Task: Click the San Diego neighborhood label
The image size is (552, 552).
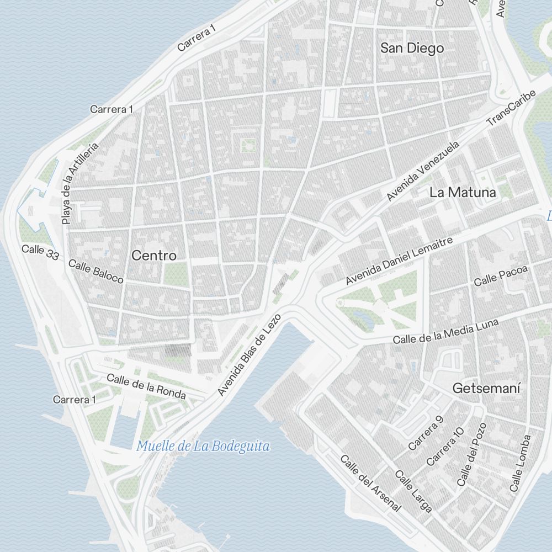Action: [412, 48]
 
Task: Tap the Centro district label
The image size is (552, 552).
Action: [155, 256]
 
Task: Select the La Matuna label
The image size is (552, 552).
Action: [463, 192]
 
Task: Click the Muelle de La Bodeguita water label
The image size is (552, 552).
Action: [203, 446]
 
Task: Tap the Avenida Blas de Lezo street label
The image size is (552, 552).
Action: [250, 354]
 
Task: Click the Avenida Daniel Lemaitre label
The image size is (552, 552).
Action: [399, 261]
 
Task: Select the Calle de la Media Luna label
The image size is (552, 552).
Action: [445, 331]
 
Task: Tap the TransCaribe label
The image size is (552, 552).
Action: [511, 108]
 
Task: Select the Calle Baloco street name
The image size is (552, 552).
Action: [96, 271]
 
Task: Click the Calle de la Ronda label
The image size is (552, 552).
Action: [146, 386]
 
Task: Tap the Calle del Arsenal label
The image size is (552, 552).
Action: [370, 482]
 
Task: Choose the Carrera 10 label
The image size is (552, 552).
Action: [445, 446]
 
